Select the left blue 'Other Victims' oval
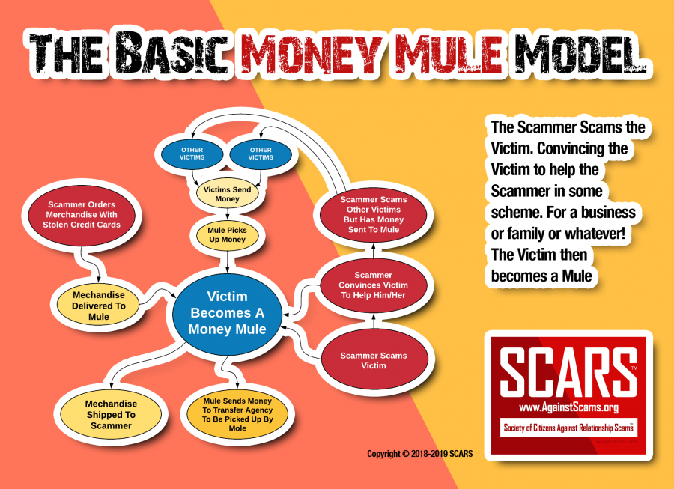click(192, 154)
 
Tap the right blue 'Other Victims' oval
click(260, 154)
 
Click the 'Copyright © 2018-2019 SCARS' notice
click(420, 454)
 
